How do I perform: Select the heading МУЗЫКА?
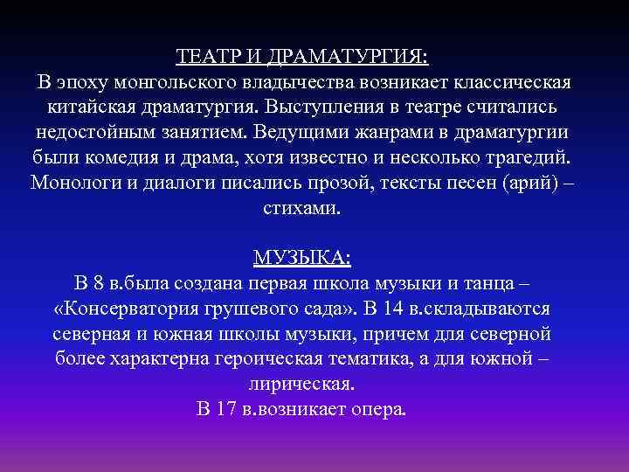coord(301,258)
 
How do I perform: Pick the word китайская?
coord(86,108)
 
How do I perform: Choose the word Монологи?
coord(73,184)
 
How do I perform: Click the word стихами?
coord(301,210)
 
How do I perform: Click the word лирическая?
coord(301,385)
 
